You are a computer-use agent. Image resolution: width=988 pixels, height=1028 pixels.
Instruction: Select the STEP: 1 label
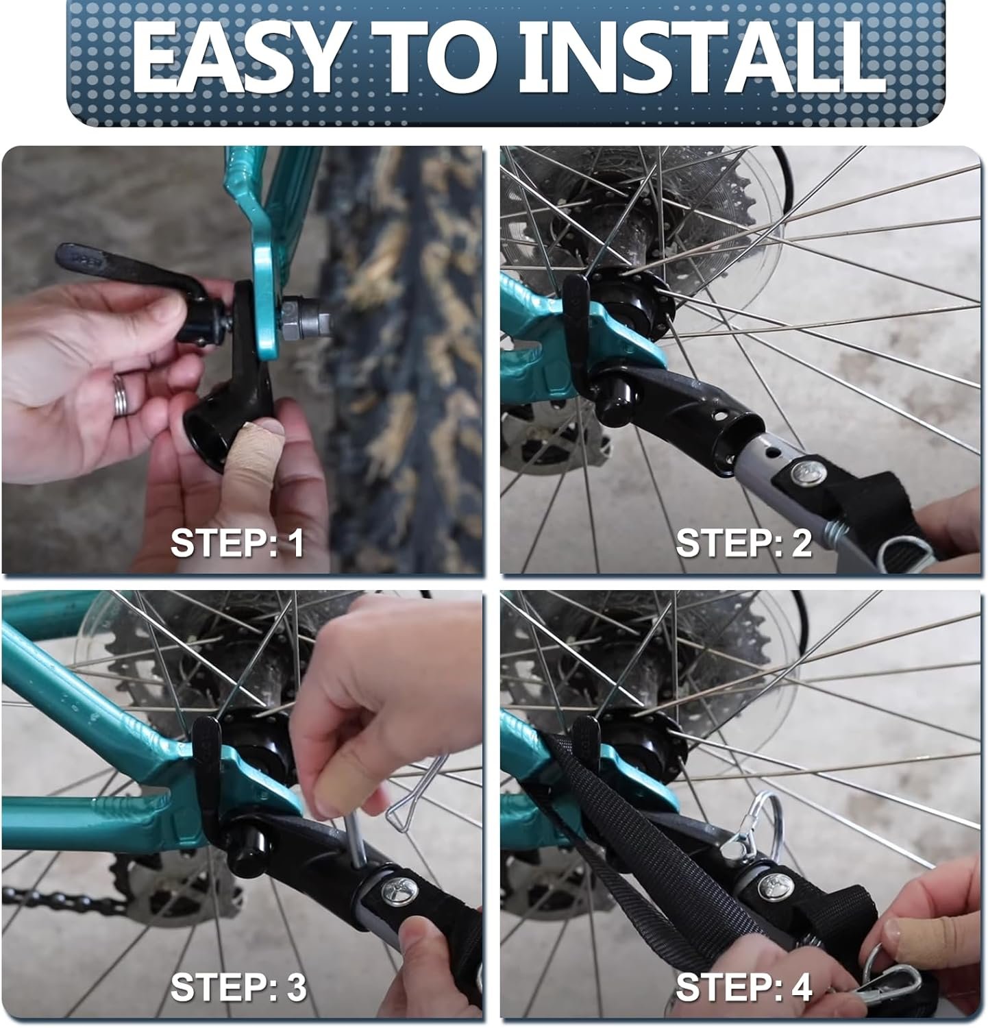(236, 543)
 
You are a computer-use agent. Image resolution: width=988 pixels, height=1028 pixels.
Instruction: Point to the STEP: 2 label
(743, 543)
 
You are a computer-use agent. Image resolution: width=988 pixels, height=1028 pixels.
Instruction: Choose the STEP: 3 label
(238, 988)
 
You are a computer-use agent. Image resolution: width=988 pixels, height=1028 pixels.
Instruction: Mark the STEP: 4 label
(743, 988)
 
